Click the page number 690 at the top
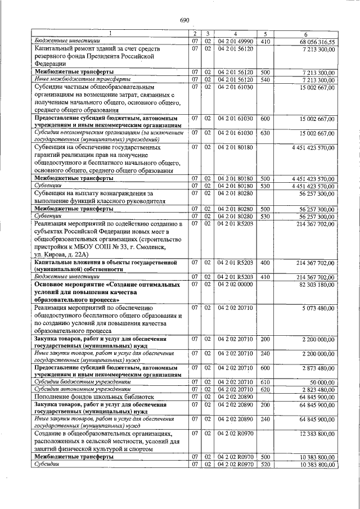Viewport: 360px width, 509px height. (184, 21)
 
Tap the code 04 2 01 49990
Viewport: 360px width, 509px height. (236, 42)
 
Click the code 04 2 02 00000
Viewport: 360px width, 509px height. (236, 285)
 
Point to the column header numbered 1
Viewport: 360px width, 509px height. (110, 34)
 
